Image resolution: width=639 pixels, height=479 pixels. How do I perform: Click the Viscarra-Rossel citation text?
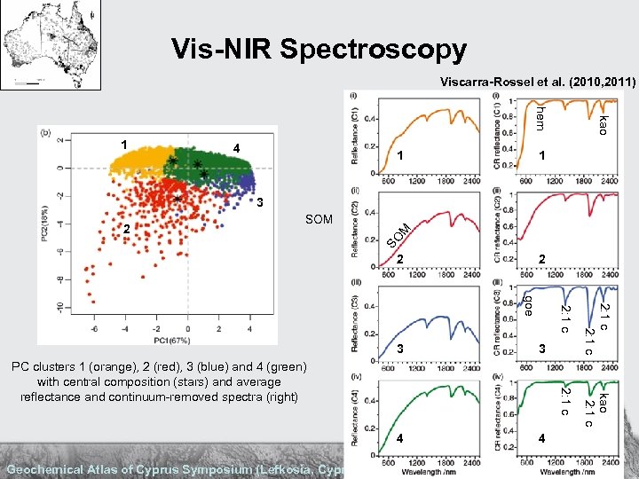click(x=538, y=82)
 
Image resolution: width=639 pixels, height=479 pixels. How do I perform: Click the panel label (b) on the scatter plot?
click(x=45, y=131)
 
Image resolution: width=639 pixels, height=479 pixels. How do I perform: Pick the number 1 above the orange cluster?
click(x=125, y=144)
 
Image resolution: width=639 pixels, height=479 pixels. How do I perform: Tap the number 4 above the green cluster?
click(x=236, y=147)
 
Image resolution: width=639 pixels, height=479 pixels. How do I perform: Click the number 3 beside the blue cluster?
click(x=261, y=203)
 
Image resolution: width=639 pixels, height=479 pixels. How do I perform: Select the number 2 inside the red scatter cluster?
click(x=128, y=229)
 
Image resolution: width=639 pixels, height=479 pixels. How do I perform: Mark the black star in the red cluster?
click(x=177, y=199)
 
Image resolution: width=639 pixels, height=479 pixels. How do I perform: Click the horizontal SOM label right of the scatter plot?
click(x=318, y=219)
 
